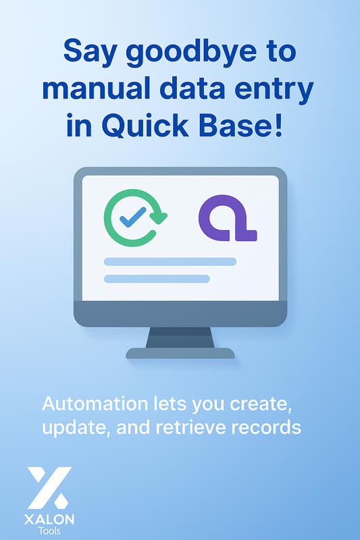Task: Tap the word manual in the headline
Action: click(113, 89)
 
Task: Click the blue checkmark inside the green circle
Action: click(132, 217)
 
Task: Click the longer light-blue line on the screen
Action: click(170, 262)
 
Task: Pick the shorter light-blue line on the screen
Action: click(157, 279)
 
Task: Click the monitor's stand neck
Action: click(180, 337)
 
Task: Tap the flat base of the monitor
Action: click(180, 353)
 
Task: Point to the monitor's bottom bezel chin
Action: click(180, 314)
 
